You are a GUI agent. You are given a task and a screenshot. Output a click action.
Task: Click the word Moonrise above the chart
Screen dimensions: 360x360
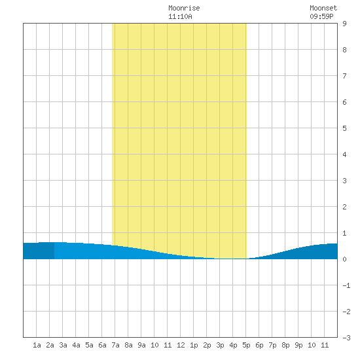[x=184, y=8]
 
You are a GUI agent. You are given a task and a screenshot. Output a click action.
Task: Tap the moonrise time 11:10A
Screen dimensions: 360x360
[x=180, y=16]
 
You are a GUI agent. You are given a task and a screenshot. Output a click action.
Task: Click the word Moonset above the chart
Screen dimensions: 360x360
[x=323, y=8]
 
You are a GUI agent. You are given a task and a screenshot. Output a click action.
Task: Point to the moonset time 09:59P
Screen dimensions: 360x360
[x=321, y=16]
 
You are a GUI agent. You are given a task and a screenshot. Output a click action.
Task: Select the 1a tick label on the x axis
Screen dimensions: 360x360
[x=37, y=345]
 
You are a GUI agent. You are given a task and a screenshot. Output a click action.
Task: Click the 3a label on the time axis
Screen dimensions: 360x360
[x=63, y=345]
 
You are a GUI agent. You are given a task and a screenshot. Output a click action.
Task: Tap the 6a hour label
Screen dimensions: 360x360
[x=102, y=345]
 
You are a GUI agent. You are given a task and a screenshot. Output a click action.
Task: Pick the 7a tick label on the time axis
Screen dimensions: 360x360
[x=115, y=345]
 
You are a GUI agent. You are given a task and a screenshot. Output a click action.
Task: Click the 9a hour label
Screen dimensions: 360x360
[x=141, y=345]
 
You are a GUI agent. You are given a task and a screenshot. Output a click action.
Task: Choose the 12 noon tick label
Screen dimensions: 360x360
[x=181, y=345]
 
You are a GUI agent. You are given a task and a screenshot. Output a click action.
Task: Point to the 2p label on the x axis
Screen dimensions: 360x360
[x=207, y=345]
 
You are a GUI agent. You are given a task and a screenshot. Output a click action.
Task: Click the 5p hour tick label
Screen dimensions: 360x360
[x=246, y=345]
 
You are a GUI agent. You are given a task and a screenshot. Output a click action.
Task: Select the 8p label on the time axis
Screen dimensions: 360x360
[x=285, y=345]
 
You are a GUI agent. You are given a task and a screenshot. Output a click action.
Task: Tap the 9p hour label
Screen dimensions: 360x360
[x=298, y=345]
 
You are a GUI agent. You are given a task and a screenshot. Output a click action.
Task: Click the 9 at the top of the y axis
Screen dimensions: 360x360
[x=344, y=24]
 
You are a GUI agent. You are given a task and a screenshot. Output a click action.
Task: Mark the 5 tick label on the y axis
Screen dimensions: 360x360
[x=344, y=128]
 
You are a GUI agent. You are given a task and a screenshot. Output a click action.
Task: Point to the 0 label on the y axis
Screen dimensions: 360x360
[x=344, y=259]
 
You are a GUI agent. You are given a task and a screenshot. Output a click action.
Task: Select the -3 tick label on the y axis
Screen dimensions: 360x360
[x=346, y=338]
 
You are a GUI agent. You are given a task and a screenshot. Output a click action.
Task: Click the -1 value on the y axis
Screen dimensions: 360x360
[x=346, y=285]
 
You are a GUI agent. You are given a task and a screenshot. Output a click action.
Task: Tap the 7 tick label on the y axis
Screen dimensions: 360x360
[x=344, y=76]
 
